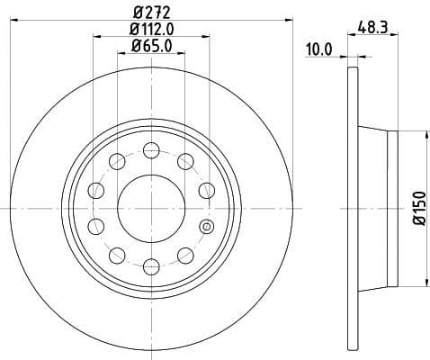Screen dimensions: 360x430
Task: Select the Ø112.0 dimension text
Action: click(x=150, y=31)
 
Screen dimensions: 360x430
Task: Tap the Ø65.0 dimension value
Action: click(x=150, y=47)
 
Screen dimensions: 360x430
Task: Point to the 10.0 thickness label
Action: click(x=319, y=49)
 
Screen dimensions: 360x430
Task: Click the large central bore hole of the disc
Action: click(x=150, y=208)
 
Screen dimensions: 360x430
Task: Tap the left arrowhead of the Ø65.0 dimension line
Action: click(x=121, y=54)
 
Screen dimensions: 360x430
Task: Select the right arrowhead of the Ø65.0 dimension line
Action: click(x=180, y=54)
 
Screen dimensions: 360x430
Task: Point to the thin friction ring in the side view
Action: click(x=351, y=208)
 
